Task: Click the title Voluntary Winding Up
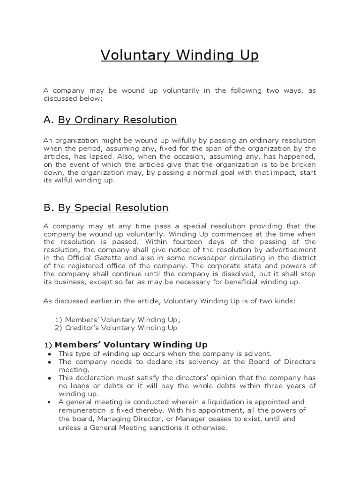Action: tap(180, 55)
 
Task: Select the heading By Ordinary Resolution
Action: tap(117, 120)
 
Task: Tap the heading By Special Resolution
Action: tap(113, 207)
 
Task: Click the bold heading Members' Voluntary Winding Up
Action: tap(133, 345)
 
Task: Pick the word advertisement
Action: tap(291, 250)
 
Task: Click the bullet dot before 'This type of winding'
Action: tap(50, 354)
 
